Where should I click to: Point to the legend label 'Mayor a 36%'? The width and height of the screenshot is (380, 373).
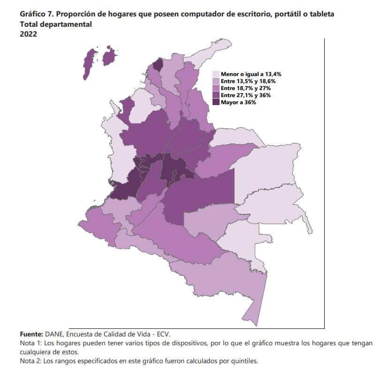click(238, 102)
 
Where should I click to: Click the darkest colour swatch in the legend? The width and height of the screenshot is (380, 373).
click(216, 102)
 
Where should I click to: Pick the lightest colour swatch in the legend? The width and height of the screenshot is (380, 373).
click(216, 74)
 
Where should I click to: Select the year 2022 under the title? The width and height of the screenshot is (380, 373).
click(29, 34)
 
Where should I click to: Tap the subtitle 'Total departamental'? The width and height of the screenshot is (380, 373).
click(56, 24)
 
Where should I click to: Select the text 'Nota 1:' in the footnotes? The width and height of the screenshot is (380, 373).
click(31, 343)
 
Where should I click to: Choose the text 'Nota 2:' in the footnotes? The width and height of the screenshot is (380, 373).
click(31, 361)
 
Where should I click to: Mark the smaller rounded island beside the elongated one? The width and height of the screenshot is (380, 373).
click(110, 56)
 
